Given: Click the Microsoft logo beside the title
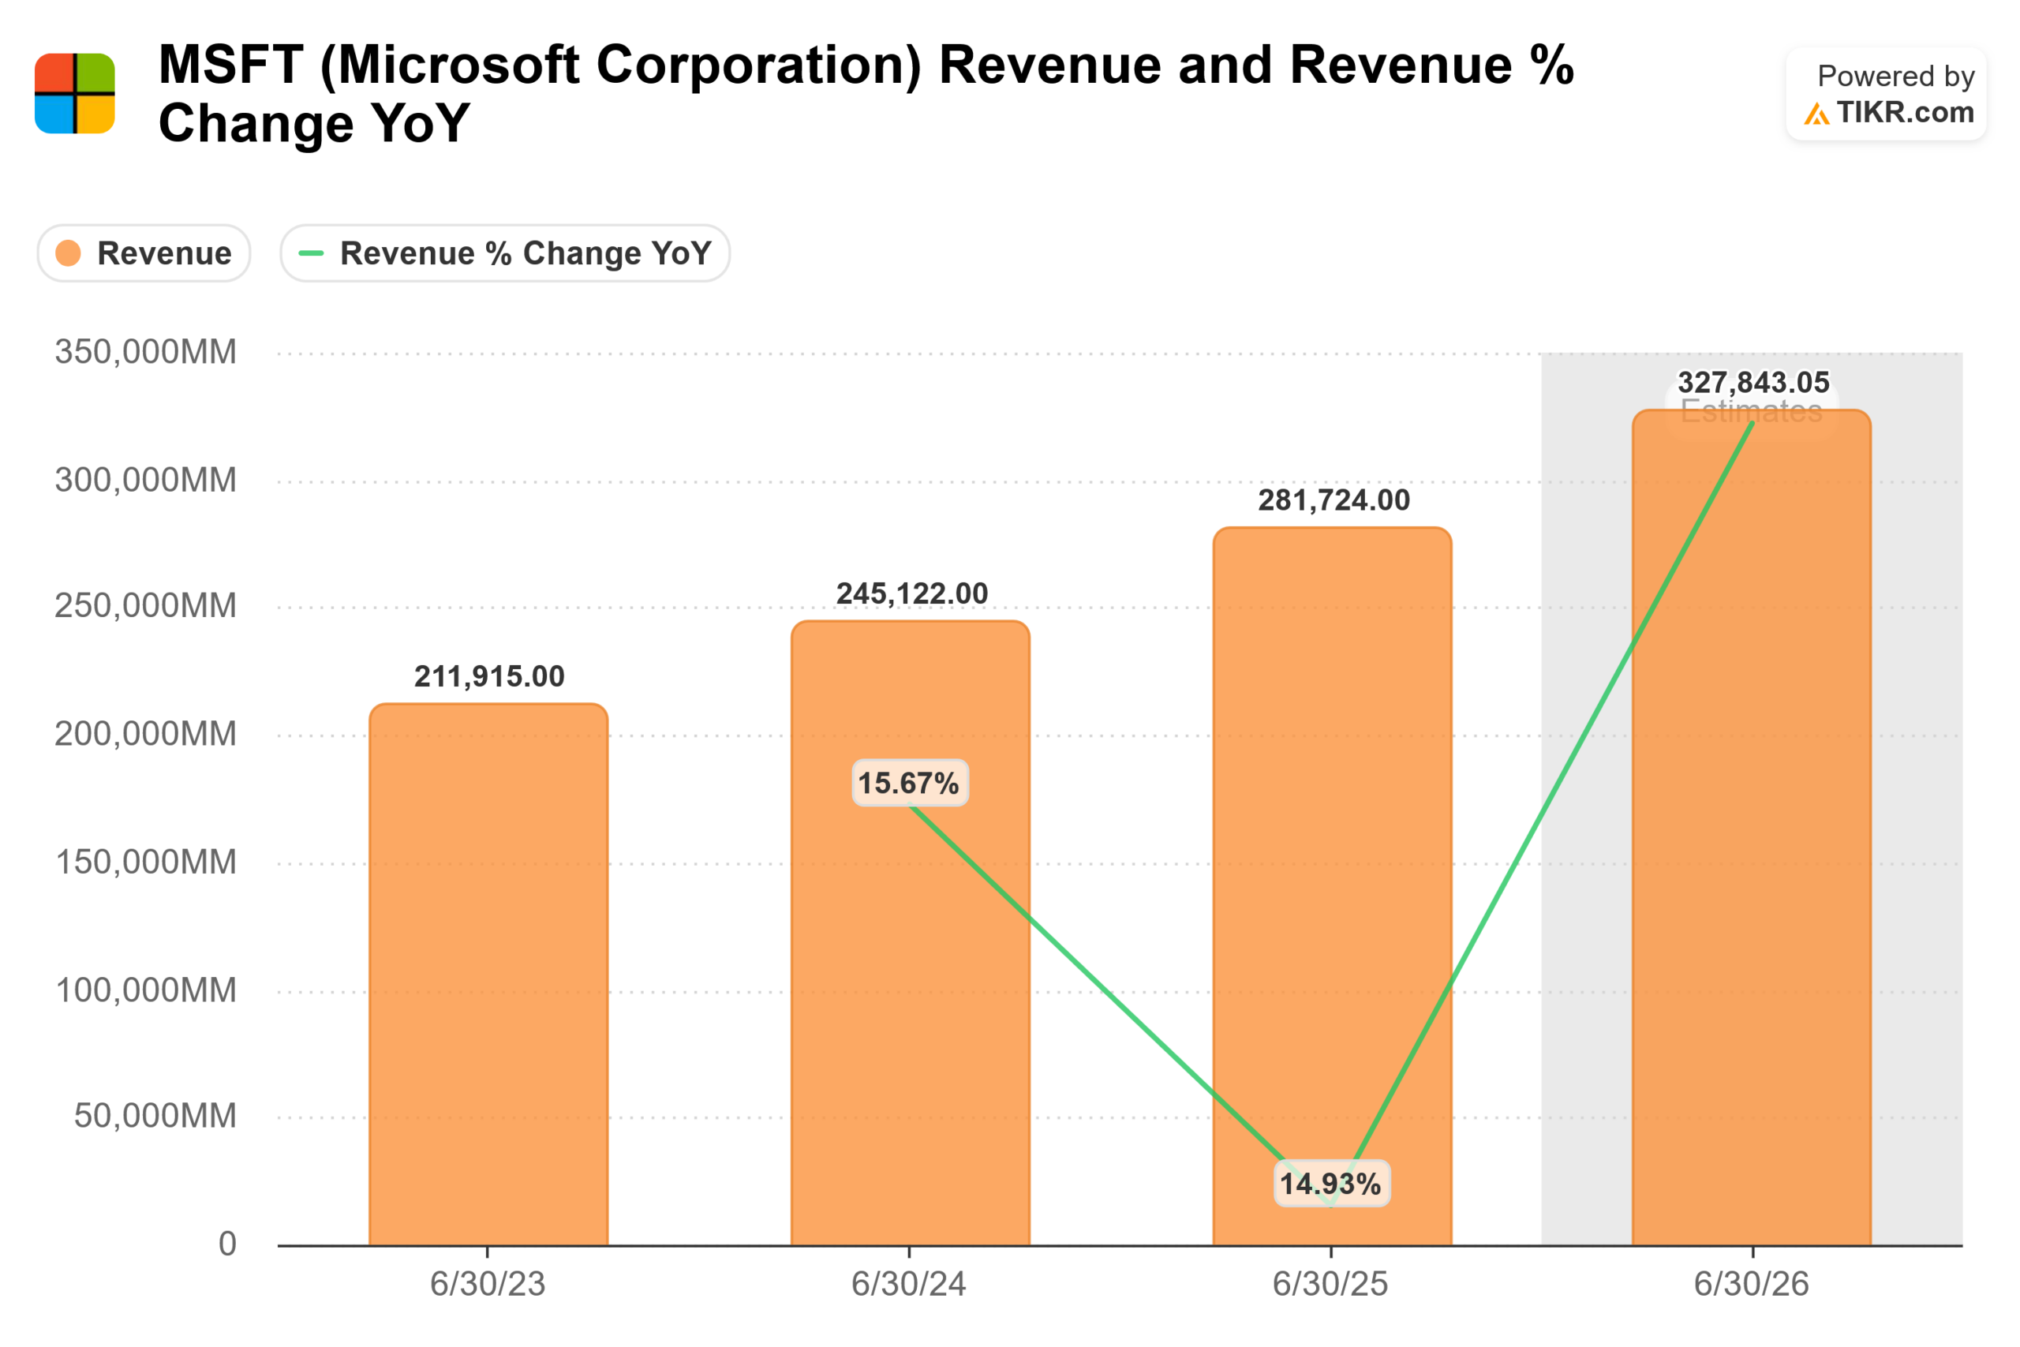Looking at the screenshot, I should tap(75, 94).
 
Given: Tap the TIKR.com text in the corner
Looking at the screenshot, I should tap(1905, 113).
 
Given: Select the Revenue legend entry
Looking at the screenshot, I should tap(144, 253).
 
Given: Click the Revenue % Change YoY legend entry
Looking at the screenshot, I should tap(505, 253).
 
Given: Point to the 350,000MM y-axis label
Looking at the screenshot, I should tap(145, 352).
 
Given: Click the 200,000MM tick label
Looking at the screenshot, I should tap(145, 735).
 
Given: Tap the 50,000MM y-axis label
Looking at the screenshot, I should tap(155, 1116).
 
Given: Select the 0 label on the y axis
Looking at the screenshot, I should tap(227, 1244).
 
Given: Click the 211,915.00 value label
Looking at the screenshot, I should tap(489, 677).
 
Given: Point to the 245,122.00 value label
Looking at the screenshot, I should tap(912, 593).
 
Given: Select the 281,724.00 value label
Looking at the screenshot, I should tap(1334, 500).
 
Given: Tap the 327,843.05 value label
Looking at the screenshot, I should tap(1754, 382).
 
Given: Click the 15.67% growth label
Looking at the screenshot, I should tap(909, 784).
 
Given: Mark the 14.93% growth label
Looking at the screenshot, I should tap(1330, 1184).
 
